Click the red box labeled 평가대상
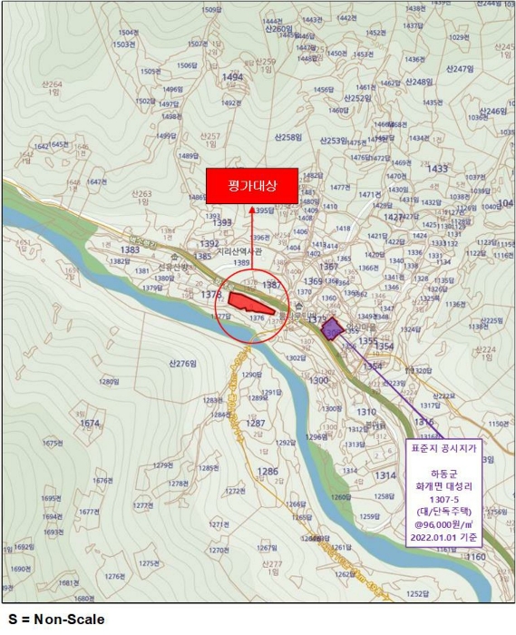tap(251, 186)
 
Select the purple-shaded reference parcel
tap(333, 328)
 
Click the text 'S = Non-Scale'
tap(55, 620)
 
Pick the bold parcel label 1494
tap(232, 78)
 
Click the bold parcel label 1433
tap(437, 169)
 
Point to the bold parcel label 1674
tap(90, 424)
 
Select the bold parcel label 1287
tap(256, 424)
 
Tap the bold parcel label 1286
tap(267, 472)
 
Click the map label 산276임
tap(182, 363)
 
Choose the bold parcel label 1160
tap(475, 557)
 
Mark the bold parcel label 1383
tap(131, 249)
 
